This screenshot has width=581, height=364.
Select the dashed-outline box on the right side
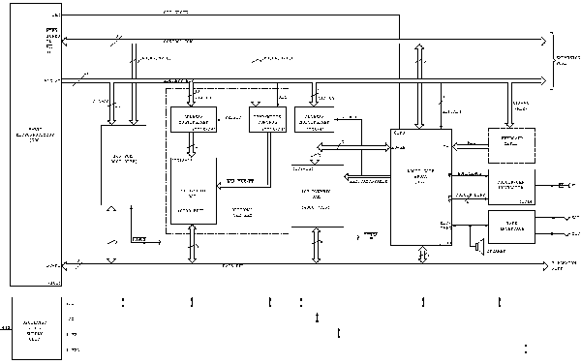(x=510, y=145)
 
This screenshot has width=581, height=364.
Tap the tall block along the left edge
(x=36, y=145)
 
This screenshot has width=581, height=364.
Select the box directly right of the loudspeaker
(x=510, y=226)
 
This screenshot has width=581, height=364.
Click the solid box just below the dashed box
(x=510, y=184)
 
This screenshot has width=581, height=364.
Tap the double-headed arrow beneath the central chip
(x=422, y=253)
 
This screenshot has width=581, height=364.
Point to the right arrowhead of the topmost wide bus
(x=544, y=40)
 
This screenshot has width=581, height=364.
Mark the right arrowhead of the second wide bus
(x=544, y=81)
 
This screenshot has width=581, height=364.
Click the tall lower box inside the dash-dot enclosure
(x=195, y=190)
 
